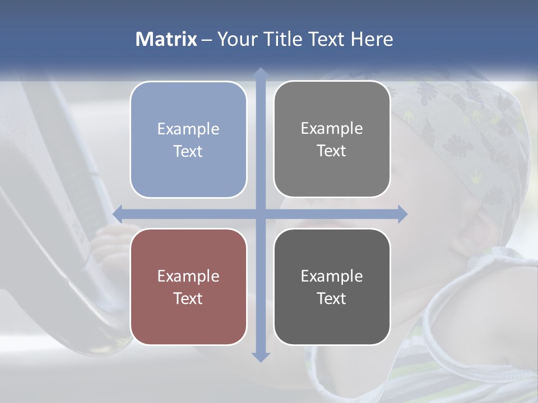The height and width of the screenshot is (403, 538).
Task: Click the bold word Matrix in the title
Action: (166, 39)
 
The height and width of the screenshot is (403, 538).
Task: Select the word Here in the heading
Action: (372, 39)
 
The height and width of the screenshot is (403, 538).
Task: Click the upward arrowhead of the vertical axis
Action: (260, 73)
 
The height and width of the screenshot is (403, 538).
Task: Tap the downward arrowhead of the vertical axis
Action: (260, 357)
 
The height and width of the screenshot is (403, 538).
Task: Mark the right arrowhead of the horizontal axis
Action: (402, 214)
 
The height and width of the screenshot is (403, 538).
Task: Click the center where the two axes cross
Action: (260, 214)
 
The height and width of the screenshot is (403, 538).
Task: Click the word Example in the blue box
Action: (188, 129)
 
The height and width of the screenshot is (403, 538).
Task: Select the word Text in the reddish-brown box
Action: (188, 298)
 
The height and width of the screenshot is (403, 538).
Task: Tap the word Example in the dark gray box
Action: (332, 276)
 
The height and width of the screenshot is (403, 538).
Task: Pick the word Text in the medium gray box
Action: (332, 151)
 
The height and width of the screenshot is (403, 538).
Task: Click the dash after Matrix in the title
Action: (207, 40)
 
